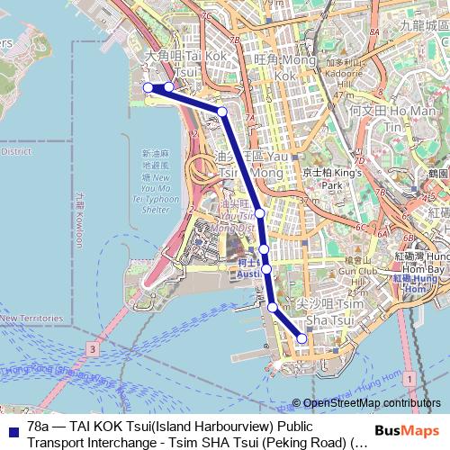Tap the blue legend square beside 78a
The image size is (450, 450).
[x=11, y=427]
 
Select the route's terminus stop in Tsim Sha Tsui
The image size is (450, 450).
[x=301, y=338]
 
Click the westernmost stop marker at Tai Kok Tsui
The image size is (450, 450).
[x=148, y=87]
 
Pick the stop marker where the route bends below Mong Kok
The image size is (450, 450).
[x=222, y=112]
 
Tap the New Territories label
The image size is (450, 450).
[x=31, y=318]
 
